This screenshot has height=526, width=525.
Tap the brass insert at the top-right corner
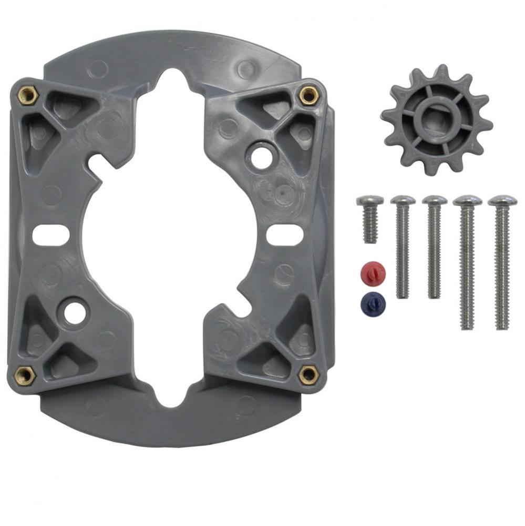(x=307, y=95)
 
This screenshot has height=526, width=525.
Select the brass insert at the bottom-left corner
(x=24, y=375)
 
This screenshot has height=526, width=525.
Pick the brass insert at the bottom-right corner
(x=308, y=375)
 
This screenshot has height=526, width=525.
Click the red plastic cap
(x=373, y=272)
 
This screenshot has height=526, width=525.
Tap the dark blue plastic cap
(x=373, y=302)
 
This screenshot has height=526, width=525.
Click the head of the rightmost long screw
(x=502, y=201)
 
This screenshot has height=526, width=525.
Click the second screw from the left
(x=403, y=247)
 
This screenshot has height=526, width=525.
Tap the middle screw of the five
(x=435, y=247)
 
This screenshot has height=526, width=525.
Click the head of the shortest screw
(x=370, y=200)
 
